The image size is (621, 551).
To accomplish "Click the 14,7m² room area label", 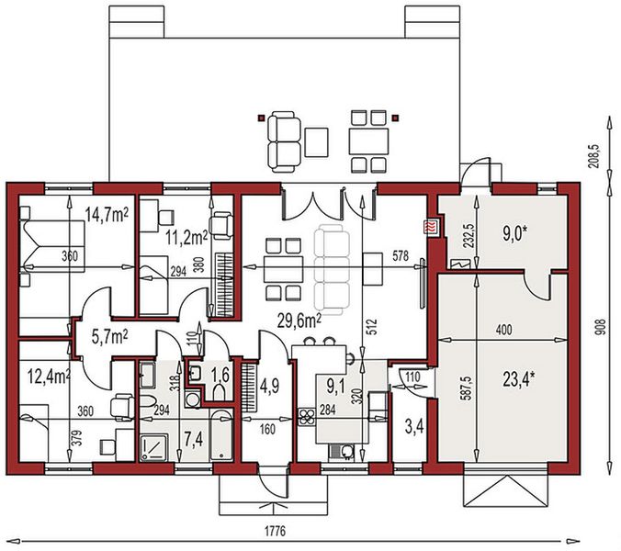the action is pos(107,216).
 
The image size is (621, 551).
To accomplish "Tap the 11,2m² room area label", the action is pos(186,239).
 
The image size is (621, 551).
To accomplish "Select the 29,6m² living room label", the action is pos(299,321).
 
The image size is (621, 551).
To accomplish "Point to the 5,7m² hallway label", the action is pos(109,338).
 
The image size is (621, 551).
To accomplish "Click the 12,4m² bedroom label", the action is pos(50,377).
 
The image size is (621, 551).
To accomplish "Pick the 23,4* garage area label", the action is pos(519,379).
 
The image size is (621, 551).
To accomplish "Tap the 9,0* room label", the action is pos(514,234).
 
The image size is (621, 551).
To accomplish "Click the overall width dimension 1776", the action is pos(275,531).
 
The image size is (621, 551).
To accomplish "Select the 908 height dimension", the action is pos(602,328).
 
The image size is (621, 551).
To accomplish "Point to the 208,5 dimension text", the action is pos(594,156).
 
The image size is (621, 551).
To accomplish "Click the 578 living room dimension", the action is pos(401,255).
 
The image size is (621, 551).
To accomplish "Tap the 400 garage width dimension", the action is pos(503,330).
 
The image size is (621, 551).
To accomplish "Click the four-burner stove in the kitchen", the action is pos(307,417).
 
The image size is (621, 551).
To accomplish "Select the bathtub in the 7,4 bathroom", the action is pos(220,435).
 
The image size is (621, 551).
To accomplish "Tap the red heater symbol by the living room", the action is pos(431,227).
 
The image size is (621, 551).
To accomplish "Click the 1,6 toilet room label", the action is pos(220,375).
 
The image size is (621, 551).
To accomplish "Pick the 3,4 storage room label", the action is pos(414,427).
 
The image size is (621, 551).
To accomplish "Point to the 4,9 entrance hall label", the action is pos(270,385).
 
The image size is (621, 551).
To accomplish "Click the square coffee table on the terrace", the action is pos(316,142).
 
